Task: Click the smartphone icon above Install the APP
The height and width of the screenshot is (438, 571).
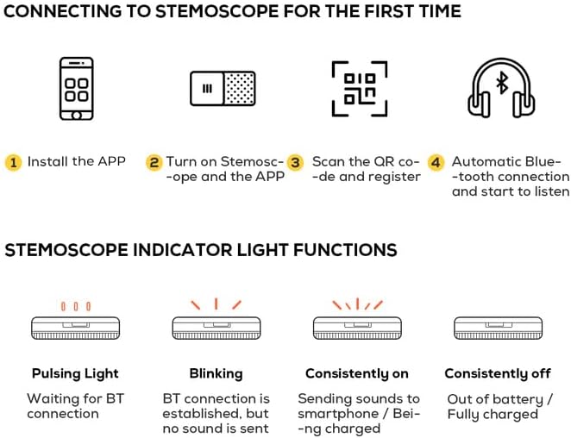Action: point(75,88)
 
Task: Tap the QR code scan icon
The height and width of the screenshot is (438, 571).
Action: point(359,88)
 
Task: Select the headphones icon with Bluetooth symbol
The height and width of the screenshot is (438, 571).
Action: point(502,88)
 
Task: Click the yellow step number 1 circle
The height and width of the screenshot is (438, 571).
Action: point(14,162)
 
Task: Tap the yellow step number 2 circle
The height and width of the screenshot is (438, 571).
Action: point(154,162)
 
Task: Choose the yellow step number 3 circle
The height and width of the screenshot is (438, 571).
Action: point(296,162)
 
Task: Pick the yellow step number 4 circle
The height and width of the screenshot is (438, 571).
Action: point(436,162)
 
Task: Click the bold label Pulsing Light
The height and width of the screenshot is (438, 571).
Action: point(75,373)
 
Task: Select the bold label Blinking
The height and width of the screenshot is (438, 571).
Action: point(216,373)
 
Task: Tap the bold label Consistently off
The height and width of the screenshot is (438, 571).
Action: point(497,373)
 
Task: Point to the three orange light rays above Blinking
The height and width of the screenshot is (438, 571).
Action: point(216,303)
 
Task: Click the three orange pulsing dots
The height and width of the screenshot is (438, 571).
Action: point(75,305)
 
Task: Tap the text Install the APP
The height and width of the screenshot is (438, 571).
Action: point(76,161)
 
